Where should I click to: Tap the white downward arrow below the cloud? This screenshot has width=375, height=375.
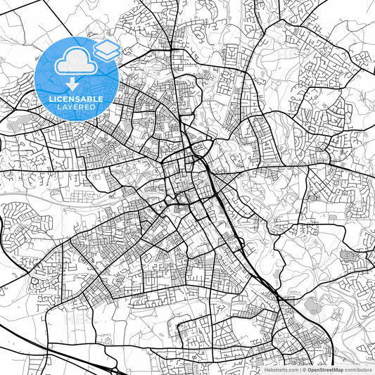pos(75,83)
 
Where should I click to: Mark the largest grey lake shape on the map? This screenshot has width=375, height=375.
pos(310,305)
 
